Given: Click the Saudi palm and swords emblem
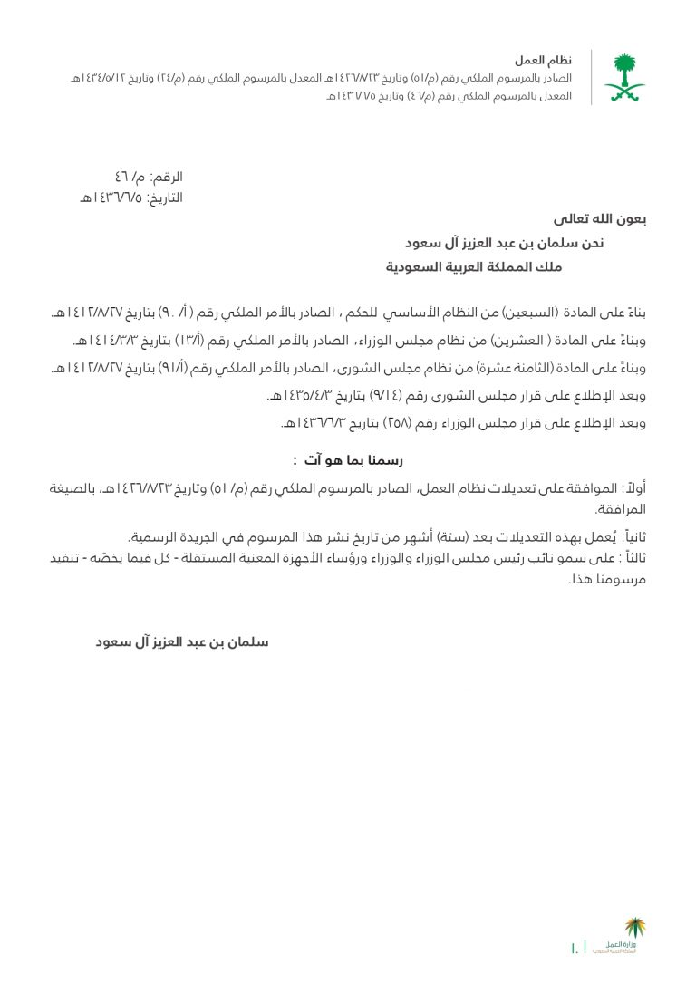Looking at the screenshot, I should tap(625, 78).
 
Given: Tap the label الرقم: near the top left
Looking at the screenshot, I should tap(166, 177).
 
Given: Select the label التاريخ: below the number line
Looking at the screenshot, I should tap(165, 198).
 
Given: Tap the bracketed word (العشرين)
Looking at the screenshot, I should tap(523, 341).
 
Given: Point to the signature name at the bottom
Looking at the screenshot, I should tap(182, 642).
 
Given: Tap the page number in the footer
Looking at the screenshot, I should tap(575, 949).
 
